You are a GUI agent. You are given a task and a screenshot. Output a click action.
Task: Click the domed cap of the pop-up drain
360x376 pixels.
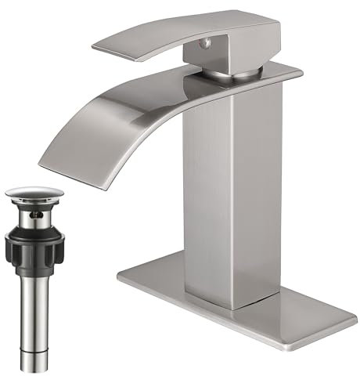[28, 192]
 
